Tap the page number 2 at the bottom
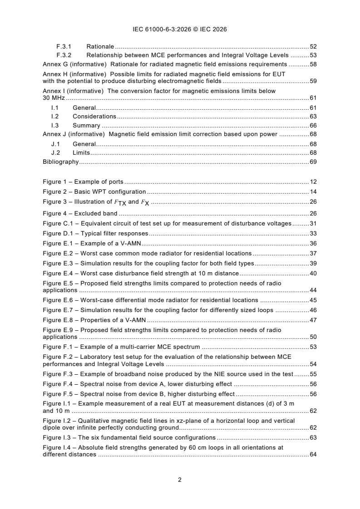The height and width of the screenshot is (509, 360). tap(180, 480)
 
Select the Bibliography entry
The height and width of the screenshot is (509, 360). tap(60, 162)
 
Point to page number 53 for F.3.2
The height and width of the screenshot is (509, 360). tap(313, 55)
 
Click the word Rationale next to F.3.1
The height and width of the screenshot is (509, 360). tap(100, 46)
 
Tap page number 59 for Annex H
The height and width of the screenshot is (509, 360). tap(313, 81)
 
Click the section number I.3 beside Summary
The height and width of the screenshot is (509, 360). tap(55, 125)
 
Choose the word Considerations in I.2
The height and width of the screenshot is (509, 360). tap(94, 117)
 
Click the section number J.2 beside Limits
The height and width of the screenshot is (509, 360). tap(55, 153)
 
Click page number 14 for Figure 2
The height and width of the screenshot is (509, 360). tap(313, 191)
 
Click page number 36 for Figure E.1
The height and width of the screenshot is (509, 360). tap(313, 244)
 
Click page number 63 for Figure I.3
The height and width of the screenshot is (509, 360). tap(313, 437)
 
